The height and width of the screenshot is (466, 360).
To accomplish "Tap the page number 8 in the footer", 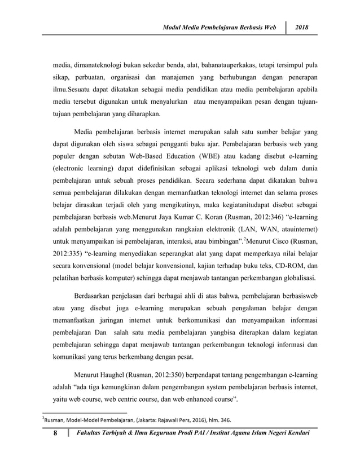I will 55,439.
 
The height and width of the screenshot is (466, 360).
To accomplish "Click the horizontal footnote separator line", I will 85,412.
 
